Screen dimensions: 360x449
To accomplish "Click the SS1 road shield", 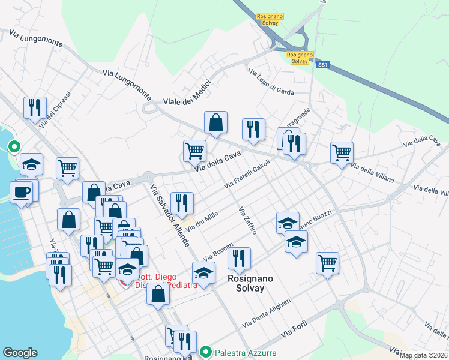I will pyautogui.click(x=323, y=64).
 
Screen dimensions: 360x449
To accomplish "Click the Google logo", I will pyautogui.click(x=20, y=353).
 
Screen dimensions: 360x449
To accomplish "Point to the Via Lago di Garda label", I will pyautogui.click(x=271, y=82).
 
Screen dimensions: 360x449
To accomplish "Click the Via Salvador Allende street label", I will pyautogui.click(x=170, y=215).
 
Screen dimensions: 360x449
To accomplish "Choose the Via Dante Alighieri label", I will pyautogui.click(x=267, y=313).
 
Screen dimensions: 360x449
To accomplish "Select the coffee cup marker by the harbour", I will pyautogui.click(x=22, y=193).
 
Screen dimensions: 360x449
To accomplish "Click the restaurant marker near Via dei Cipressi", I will pyautogui.click(x=34, y=107).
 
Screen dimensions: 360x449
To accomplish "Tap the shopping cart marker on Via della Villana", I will pyautogui.click(x=342, y=152).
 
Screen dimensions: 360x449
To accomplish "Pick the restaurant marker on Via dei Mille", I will pyautogui.click(x=181, y=203).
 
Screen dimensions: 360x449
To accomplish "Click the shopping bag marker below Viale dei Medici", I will pyautogui.click(x=215, y=122).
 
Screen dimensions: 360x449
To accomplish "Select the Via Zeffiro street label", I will pyautogui.click(x=247, y=220).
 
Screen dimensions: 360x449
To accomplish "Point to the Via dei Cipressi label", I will pyautogui.click(x=55, y=109).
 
